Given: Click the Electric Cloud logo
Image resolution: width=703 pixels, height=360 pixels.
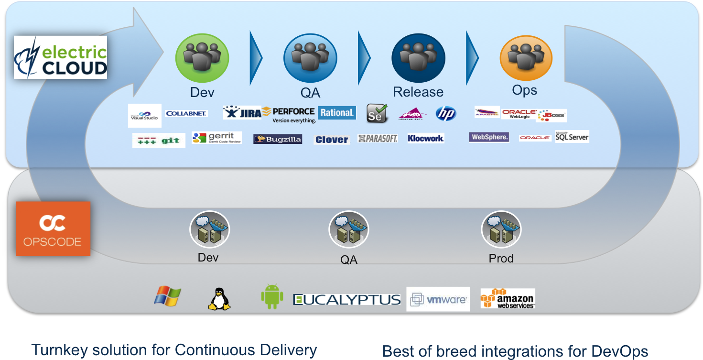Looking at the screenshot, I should click(x=60, y=57).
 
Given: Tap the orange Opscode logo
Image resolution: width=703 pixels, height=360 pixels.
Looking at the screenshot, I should click(x=53, y=229).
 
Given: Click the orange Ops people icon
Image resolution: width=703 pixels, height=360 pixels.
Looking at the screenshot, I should click(x=526, y=58).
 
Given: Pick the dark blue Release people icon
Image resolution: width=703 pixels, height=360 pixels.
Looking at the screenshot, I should click(x=418, y=58).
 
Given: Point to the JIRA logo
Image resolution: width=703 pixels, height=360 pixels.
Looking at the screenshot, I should click(x=242, y=113).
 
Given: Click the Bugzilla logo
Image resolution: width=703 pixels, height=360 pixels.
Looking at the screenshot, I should click(x=278, y=139).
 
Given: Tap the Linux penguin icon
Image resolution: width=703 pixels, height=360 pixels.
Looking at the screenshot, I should click(x=219, y=299).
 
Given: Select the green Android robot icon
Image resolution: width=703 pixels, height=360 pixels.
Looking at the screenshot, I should click(x=272, y=297).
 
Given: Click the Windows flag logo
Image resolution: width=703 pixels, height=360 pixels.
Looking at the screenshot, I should click(x=167, y=296).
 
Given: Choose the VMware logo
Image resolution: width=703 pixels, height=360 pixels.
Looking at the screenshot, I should click(x=438, y=299).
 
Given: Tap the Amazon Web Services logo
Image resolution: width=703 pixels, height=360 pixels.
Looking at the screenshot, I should click(x=508, y=298).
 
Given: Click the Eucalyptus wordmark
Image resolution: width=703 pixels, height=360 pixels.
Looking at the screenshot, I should click(x=346, y=300).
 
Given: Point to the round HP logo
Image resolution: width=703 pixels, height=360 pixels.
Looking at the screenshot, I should click(x=446, y=113).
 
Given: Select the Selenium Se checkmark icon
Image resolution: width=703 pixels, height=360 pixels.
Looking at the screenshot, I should click(x=377, y=114).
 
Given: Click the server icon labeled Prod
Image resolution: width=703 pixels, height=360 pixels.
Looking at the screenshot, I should click(x=501, y=230).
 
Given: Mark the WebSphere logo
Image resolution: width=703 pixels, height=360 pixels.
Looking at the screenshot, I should click(x=489, y=137).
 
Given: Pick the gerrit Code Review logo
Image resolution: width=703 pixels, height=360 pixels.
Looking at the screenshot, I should click(x=216, y=138).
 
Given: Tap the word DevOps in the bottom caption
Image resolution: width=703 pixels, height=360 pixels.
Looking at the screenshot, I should click(x=619, y=351).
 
